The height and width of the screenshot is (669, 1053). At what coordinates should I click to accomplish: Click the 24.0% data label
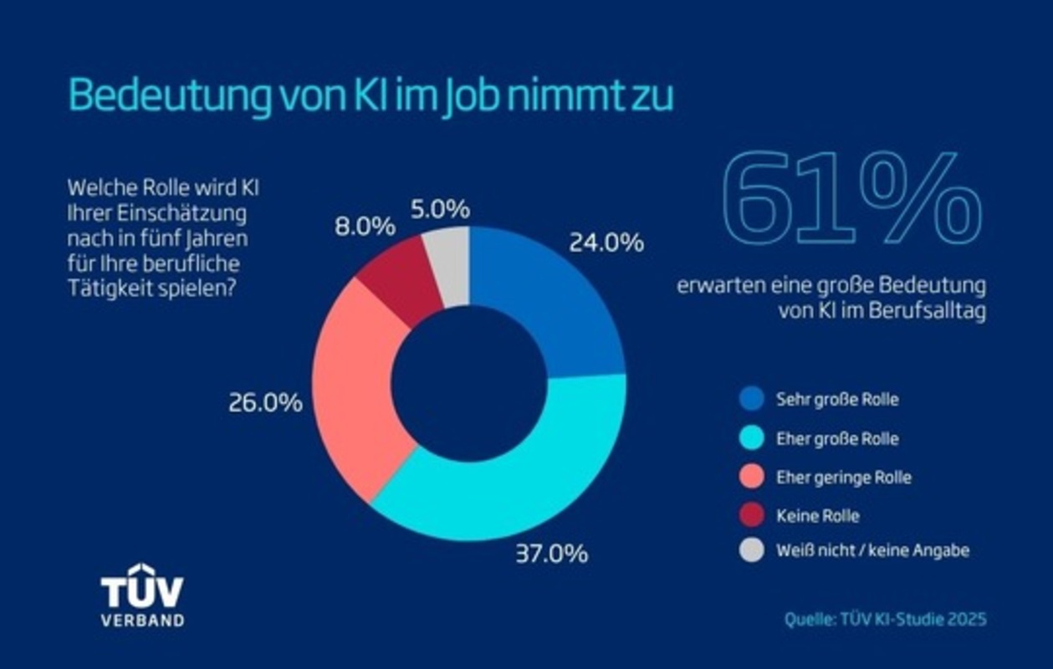[x=606, y=243]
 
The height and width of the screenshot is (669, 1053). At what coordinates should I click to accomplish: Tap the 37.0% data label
[x=551, y=554]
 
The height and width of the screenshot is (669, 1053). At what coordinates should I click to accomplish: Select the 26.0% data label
[x=265, y=403]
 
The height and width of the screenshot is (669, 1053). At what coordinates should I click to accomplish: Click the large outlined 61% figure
[x=851, y=201]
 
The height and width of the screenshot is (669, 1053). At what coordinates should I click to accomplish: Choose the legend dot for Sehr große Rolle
[x=752, y=399]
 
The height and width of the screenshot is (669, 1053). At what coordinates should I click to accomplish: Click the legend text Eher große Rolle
[x=837, y=438]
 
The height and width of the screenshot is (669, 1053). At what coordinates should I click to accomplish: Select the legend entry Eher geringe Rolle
[x=843, y=477]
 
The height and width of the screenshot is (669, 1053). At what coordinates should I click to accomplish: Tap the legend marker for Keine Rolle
[x=752, y=514]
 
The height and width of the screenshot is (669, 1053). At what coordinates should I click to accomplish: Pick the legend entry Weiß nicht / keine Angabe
[x=872, y=550]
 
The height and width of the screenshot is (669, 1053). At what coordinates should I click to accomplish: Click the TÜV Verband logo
[x=142, y=595]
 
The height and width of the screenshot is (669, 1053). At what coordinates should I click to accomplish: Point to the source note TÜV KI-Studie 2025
[x=885, y=620]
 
